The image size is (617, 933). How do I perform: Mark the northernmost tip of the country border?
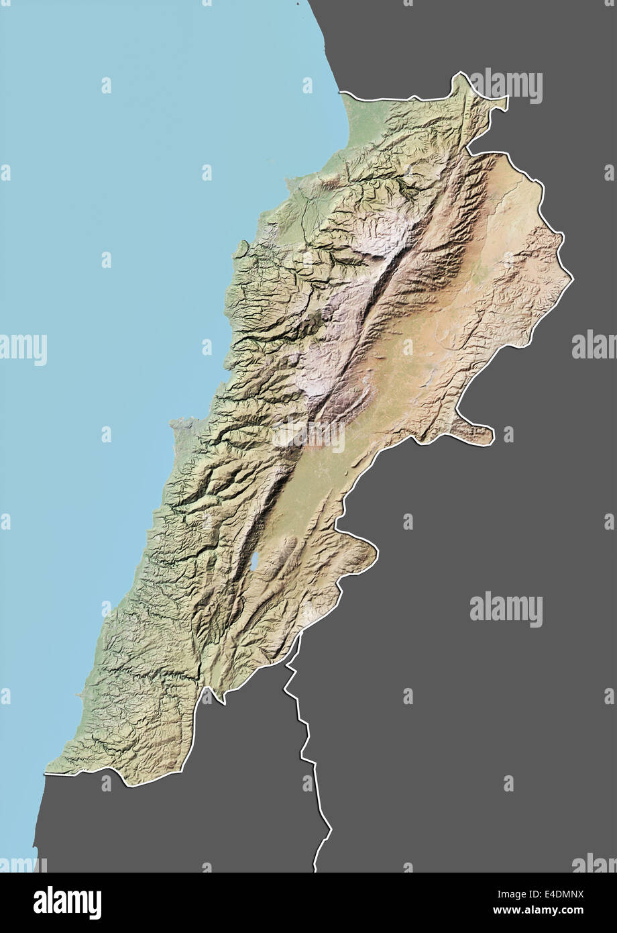pyautogui.click(x=461, y=73)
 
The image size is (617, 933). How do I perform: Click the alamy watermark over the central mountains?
pyautogui.click(x=308, y=435)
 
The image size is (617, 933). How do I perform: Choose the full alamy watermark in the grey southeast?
pyautogui.click(x=506, y=608)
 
